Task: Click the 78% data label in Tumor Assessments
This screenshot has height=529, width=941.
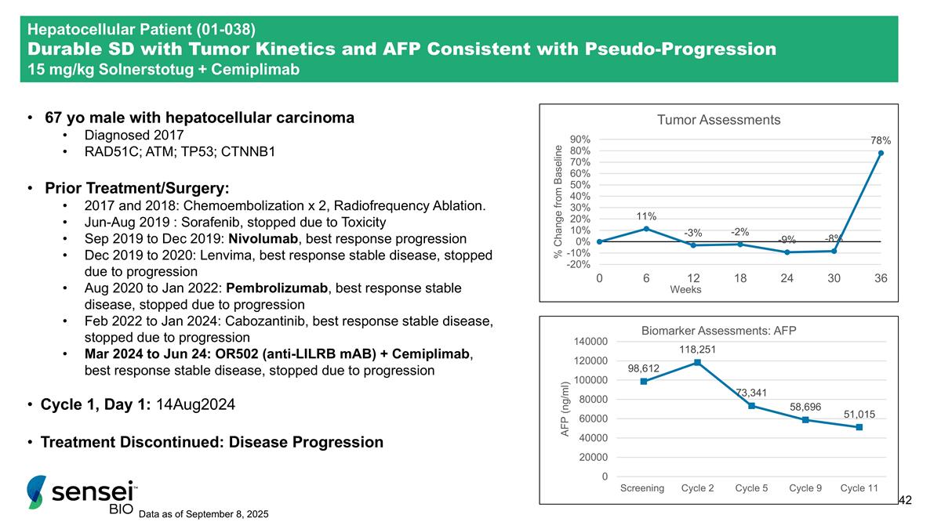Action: [881, 139]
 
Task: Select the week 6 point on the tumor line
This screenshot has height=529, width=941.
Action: [646, 229]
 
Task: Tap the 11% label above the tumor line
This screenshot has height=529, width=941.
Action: [646, 216]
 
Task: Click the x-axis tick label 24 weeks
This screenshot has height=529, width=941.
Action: [787, 277]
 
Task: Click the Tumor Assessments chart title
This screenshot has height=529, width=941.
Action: [718, 120]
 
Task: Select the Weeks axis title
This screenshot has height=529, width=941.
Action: [685, 289]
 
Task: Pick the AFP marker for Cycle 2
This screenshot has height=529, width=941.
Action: [697, 362]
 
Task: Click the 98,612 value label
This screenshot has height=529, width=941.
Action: [643, 368]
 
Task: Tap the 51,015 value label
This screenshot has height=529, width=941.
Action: [859, 414]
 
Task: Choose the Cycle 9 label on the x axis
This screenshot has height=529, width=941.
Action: [805, 487]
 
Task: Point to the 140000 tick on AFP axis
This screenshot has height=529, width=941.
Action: [591, 342]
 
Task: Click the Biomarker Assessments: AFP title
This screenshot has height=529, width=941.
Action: [718, 331]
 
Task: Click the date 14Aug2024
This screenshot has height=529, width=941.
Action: [196, 405]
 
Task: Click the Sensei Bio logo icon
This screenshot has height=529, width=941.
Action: [36, 491]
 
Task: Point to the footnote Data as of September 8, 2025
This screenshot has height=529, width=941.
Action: [203, 514]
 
